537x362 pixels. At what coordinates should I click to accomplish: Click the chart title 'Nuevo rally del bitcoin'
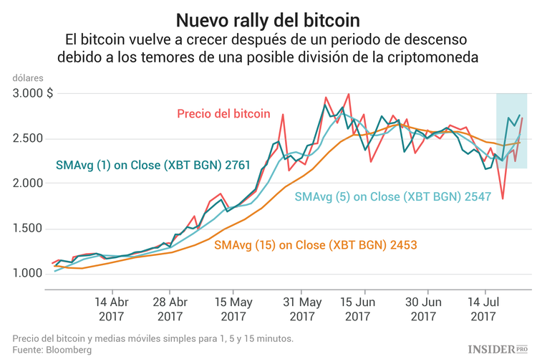pos(268,17)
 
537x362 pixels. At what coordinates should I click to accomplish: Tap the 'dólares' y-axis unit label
pos(28,77)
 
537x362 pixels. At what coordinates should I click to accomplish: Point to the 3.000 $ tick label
pos(32,93)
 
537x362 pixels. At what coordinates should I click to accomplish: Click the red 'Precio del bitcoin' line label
pos(223,113)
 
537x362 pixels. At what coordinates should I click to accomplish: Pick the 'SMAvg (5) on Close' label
pos(392,196)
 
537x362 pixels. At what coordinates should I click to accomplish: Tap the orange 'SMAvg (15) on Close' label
pos(315,245)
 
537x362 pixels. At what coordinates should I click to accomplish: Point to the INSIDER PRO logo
pos(498,349)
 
